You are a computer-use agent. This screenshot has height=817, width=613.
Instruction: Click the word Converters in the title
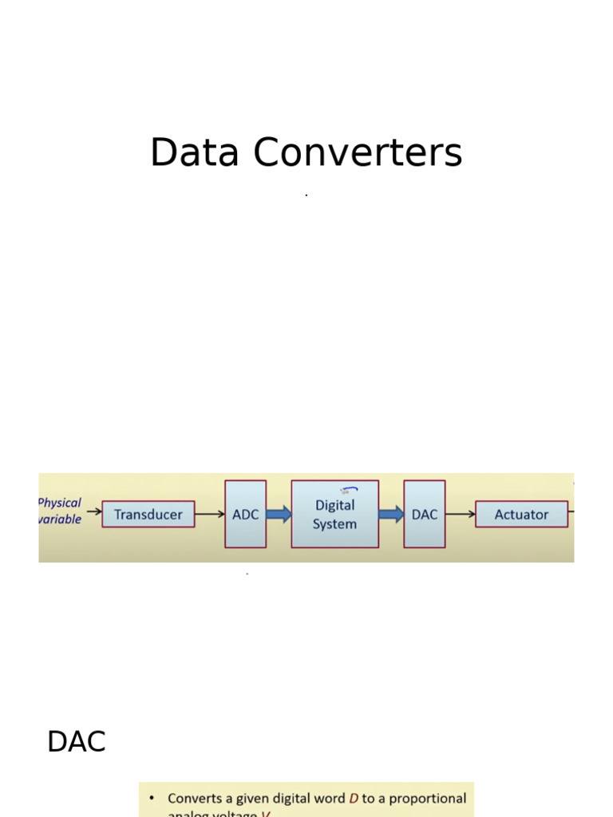click(x=358, y=152)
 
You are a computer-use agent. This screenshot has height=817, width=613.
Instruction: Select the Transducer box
click(x=148, y=515)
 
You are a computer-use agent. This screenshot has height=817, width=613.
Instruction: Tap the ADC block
click(x=245, y=515)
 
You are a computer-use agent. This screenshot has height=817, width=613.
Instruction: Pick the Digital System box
click(x=334, y=515)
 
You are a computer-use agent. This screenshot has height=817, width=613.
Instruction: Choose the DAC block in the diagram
click(x=424, y=515)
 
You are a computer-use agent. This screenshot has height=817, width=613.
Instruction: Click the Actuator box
click(x=521, y=515)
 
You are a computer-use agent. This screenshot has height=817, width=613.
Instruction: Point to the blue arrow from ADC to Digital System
click(x=279, y=515)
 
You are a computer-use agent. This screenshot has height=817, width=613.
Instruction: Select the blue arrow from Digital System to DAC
click(x=391, y=515)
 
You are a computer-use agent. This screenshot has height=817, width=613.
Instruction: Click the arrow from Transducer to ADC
click(x=209, y=515)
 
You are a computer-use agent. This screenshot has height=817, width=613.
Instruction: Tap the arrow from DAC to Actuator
click(x=460, y=515)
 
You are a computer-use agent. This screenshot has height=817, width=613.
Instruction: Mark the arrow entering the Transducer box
click(x=93, y=511)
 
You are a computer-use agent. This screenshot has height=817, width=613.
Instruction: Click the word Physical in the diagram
click(x=60, y=503)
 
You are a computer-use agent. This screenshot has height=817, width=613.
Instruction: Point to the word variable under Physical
click(x=60, y=519)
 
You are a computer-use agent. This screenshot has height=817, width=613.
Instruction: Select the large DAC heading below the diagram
click(x=77, y=742)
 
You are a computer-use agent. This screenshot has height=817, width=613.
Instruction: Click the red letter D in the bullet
click(x=354, y=798)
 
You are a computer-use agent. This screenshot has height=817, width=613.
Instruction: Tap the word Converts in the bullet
click(x=195, y=798)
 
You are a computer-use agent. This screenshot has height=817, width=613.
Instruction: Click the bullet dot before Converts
click(x=152, y=798)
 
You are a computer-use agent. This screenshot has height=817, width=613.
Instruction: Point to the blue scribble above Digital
click(x=349, y=491)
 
